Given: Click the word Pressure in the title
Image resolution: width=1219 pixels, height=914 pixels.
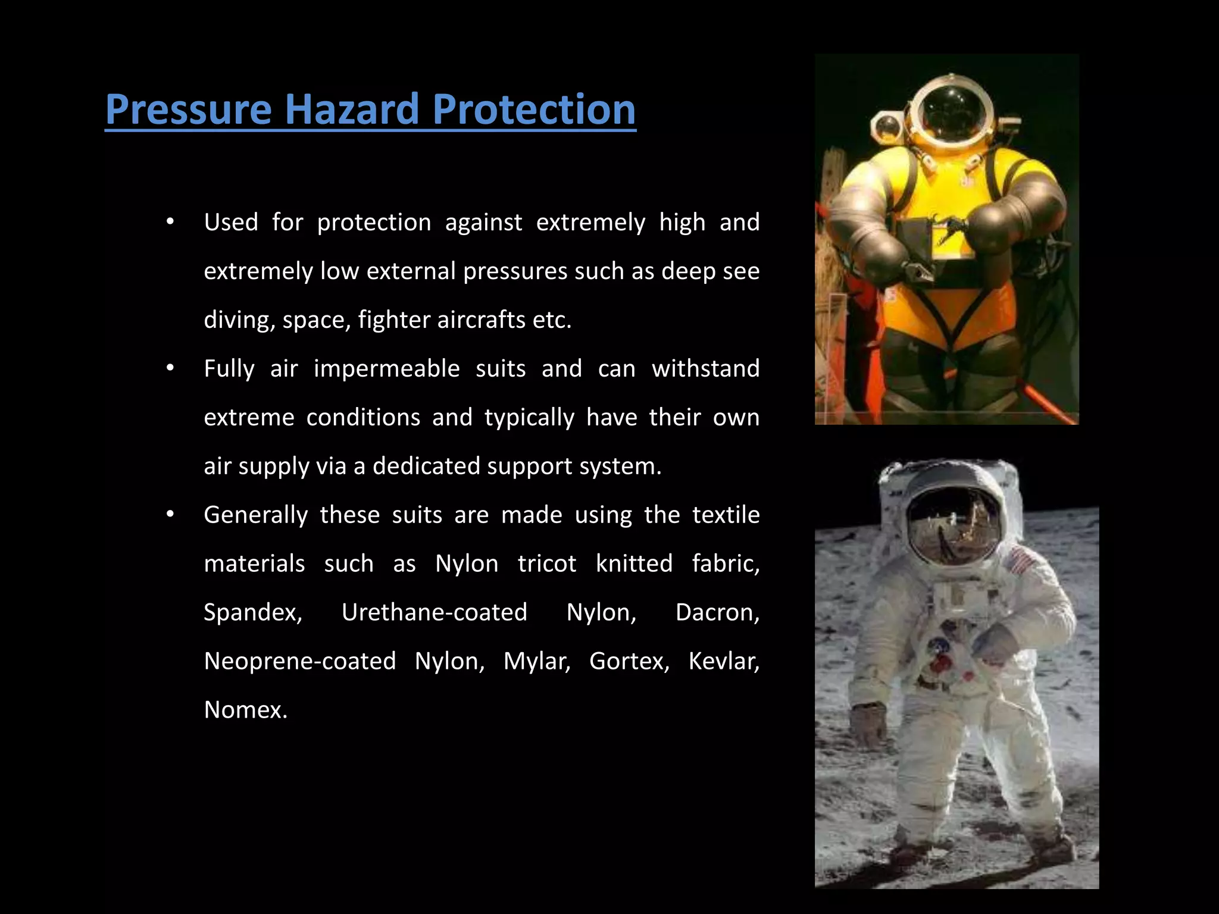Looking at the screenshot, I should (188, 109).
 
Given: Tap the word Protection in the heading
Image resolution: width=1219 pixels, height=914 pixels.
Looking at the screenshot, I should (534, 109).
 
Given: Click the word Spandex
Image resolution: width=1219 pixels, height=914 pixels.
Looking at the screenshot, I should (253, 612).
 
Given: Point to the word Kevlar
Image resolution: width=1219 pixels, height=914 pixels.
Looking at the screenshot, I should (724, 661).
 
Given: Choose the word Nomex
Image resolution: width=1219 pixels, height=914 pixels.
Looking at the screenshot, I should (245, 710).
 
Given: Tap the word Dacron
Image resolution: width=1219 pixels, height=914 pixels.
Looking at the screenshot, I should (717, 612).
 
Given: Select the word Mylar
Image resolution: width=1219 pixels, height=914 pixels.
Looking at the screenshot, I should (537, 661).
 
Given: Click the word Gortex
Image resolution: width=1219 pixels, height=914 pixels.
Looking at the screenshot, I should (629, 661).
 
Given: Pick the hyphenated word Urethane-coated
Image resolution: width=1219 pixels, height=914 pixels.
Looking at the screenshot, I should (435, 612).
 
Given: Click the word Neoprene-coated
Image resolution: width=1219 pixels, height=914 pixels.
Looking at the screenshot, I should (300, 661).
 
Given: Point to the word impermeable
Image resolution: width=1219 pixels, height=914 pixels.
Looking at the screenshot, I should (387, 369).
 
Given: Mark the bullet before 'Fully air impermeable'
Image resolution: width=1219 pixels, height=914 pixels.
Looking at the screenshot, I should (170, 368).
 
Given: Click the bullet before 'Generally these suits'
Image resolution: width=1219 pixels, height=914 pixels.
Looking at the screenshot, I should (170, 514).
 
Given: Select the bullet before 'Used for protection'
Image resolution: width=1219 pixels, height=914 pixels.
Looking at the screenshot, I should (170, 222).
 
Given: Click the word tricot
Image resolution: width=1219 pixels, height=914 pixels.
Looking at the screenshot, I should (547, 564).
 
